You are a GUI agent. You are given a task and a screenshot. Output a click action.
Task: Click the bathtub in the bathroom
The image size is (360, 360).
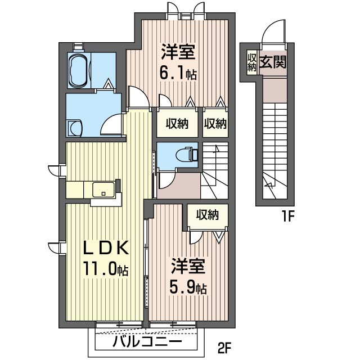coord(79,71)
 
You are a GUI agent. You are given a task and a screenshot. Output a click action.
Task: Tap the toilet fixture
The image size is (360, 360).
coord(187,154)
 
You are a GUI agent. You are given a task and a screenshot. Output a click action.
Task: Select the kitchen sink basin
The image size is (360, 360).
coord(103,190)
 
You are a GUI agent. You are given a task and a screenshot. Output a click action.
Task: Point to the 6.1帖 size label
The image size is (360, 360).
coord(178,73)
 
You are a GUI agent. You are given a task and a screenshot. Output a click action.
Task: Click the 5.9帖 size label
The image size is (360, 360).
coord(188,288)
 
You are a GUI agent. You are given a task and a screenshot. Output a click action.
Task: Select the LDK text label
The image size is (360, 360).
coord(106,247)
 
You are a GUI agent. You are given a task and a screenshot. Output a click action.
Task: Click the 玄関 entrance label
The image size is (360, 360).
coord(273,62)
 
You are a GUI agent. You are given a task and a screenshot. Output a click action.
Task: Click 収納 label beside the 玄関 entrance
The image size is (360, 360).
coord(252,62)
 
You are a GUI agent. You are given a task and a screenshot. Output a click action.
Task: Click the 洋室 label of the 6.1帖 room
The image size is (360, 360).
coord(178,52)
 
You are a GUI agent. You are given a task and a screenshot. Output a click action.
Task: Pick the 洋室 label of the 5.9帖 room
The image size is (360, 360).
coord(188,266)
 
